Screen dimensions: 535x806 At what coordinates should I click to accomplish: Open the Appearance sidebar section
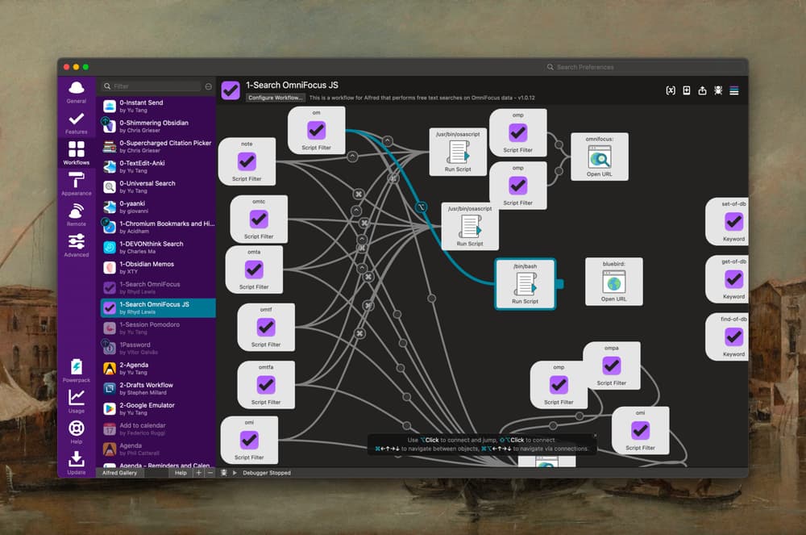(x=77, y=183)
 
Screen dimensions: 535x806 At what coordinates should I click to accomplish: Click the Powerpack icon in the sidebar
(x=77, y=370)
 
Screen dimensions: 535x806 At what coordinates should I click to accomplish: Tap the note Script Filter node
(x=247, y=161)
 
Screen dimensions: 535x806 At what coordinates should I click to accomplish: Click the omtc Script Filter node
(x=259, y=219)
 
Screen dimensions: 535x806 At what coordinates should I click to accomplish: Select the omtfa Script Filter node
(x=266, y=384)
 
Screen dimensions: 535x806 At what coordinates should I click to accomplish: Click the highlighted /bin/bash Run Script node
(x=525, y=284)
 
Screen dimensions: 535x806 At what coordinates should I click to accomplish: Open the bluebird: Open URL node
(x=613, y=281)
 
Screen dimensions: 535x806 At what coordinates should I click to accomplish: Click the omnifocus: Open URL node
(x=599, y=157)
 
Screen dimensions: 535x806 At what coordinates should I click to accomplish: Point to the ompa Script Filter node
(x=612, y=366)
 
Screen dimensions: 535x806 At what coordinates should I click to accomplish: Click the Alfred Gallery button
(x=120, y=473)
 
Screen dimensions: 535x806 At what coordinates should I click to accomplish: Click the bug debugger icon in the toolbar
(x=717, y=90)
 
